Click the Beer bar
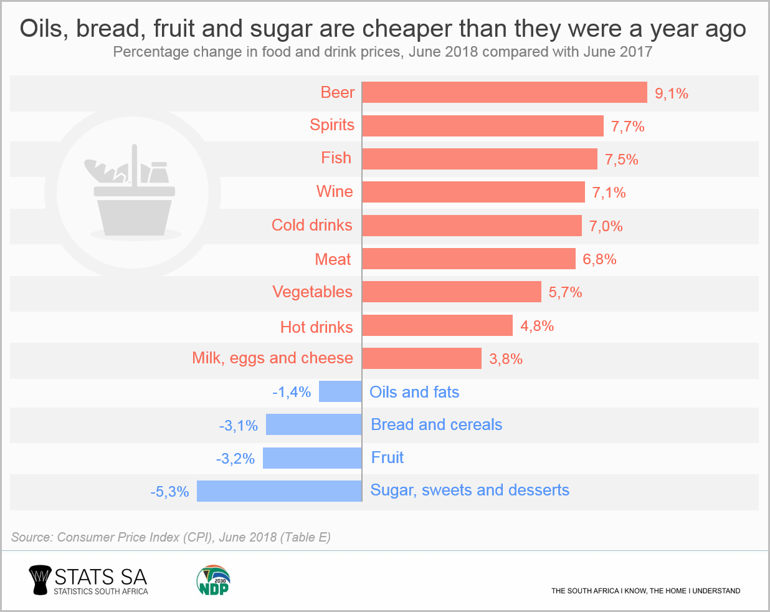pyautogui.click(x=505, y=93)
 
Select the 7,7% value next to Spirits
pyautogui.click(x=627, y=127)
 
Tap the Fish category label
pyautogui.click(x=336, y=158)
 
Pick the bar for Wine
pyautogui.click(x=473, y=192)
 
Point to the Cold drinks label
pyautogui.click(x=311, y=226)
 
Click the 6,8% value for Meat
pyautogui.click(x=599, y=259)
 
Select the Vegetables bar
pyautogui.click(x=452, y=292)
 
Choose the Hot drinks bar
pyautogui.click(x=437, y=325)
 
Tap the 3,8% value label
pyautogui.click(x=506, y=359)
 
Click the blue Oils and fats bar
pyautogui.click(x=340, y=391)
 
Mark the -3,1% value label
pyautogui.click(x=238, y=426)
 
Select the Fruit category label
pyautogui.click(x=387, y=458)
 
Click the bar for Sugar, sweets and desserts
pyautogui.click(x=279, y=491)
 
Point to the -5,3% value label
pyautogui.click(x=169, y=492)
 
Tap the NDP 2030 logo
pyautogui.click(x=214, y=580)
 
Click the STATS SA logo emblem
pyautogui.click(x=40, y=580)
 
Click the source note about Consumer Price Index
pyautogui.click(x=171, y=537)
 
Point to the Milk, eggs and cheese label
pyautogui.click(x=272, y=358)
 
